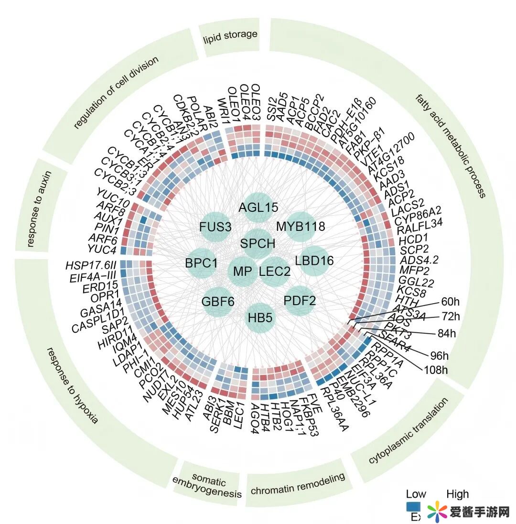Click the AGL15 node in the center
point(258,207)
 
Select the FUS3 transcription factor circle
point(215,227)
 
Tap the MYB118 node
point(301,226)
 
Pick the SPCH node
point(258,243)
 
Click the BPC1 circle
point(201,263)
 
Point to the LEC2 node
point(274,272)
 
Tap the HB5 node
point(260,317)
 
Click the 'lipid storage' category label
point(229,35)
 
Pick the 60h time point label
point(450,302)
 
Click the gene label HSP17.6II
point(91,265)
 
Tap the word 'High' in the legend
point(457,494)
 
